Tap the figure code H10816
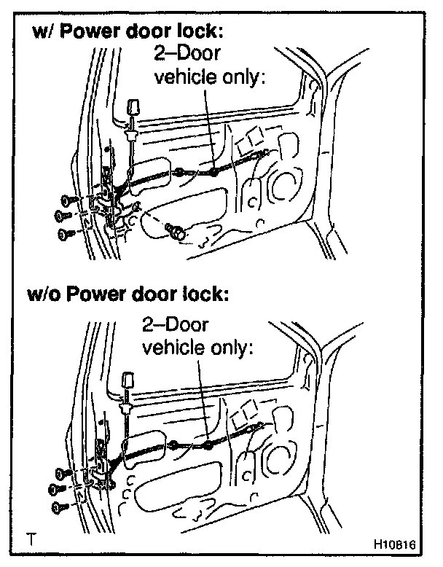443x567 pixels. [393, 544]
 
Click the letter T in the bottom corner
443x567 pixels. [31, 541]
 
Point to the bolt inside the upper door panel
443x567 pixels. [176, 231]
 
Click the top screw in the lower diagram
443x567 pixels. [63, 472]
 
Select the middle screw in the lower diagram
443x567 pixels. [57, 488]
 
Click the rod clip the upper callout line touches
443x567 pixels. [213, 173]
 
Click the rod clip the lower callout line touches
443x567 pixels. [208, 445]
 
